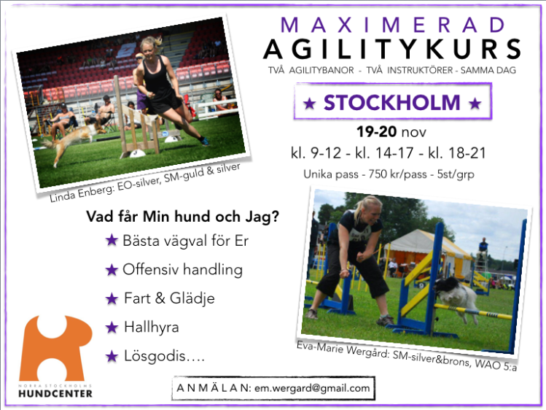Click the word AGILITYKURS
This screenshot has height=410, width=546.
click(x=391, y=50)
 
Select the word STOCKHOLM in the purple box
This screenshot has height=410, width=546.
click(x=392, y=103)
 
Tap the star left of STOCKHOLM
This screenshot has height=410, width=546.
click(x=309, y=104)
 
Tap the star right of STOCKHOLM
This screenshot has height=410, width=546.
click(x=475, y=104)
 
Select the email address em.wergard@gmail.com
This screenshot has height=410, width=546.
click(x=312, y=388)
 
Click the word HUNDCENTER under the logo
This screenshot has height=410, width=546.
click(x=56, y=394)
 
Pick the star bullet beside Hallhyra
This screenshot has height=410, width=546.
click(x=111, y=327)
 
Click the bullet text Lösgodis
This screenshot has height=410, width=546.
click(x=163, y=356)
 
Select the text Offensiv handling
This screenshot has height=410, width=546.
click(x=182, y=269)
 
